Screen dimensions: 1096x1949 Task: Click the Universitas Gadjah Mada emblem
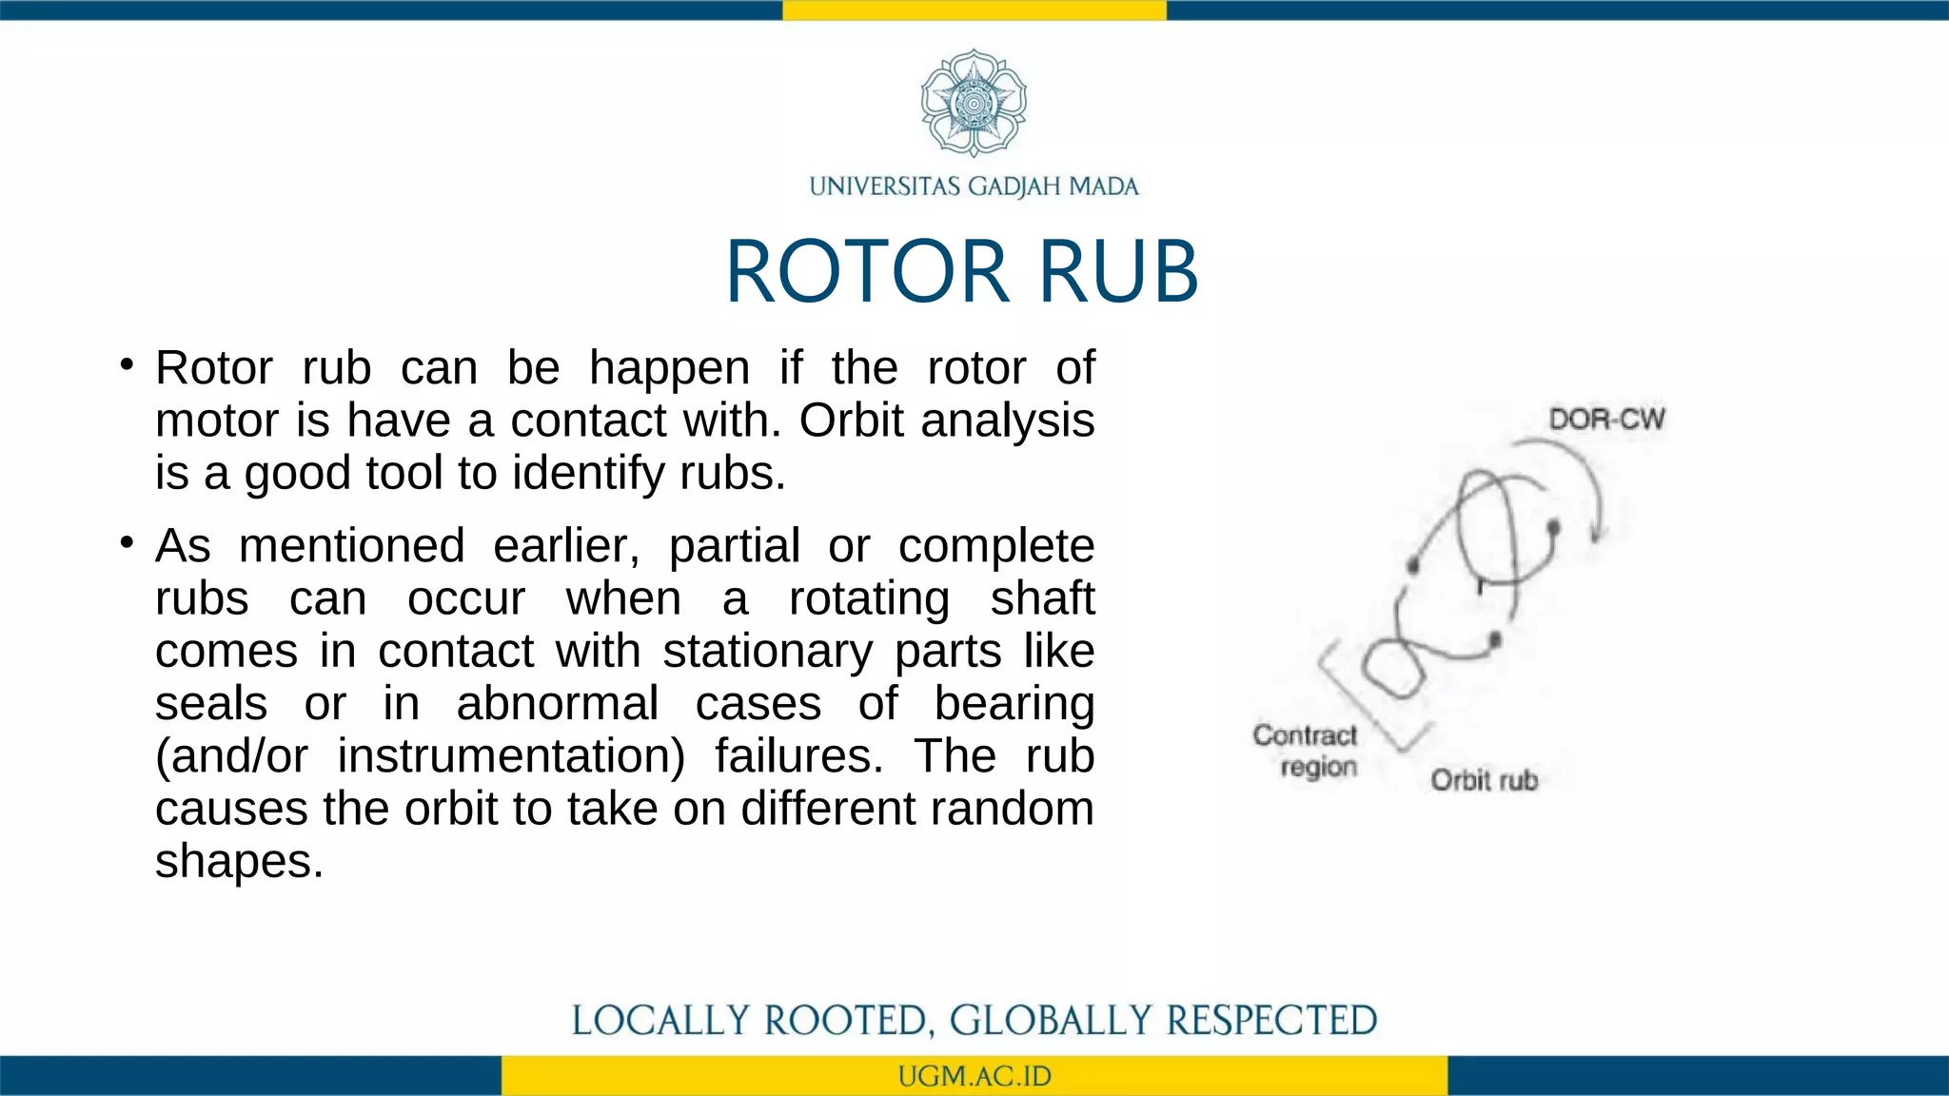point(974,103)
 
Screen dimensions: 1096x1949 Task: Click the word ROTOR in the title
point(866,272)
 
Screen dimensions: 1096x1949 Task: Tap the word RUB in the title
point(1118,272)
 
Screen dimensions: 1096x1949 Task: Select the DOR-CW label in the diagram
point(1606,420)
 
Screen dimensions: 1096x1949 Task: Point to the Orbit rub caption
point(1484,781)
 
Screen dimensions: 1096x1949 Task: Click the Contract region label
point(1306,751)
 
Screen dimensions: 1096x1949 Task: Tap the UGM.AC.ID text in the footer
point(974,1077)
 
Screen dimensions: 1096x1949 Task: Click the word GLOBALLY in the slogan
point(1051,1021)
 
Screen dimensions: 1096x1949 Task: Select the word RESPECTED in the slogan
point(1271,1021)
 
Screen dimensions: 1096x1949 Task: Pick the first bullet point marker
point(127,364)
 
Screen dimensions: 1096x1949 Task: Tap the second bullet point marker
point(127,542)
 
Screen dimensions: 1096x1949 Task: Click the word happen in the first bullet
point(669,369)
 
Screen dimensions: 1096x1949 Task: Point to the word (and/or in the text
point(231,757)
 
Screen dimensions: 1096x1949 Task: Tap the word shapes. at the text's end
point(239,862)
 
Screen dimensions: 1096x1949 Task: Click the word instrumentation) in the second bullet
point(511,757)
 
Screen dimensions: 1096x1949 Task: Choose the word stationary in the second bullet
point(767,653)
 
